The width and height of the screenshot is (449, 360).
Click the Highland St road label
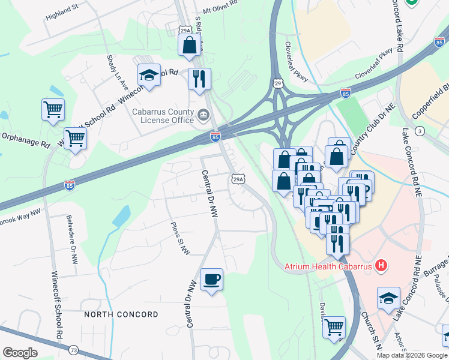pos(62,13)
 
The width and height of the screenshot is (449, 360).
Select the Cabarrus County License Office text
pos(163,116)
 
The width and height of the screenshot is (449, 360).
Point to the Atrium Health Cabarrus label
pos(328,265)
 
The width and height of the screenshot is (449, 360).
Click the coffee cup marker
pos(211,280)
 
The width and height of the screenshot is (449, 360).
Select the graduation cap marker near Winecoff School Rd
pos(149,75)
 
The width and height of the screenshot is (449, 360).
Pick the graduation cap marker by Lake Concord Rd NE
pos(388,298)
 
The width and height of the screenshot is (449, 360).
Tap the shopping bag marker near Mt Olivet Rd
pos(189,45)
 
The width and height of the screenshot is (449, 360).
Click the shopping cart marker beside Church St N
pos(334,328)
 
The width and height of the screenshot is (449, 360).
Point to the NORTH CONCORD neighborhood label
pos(121,314)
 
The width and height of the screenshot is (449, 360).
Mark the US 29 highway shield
pos(277,81)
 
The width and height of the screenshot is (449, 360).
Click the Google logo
pos(20,353)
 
